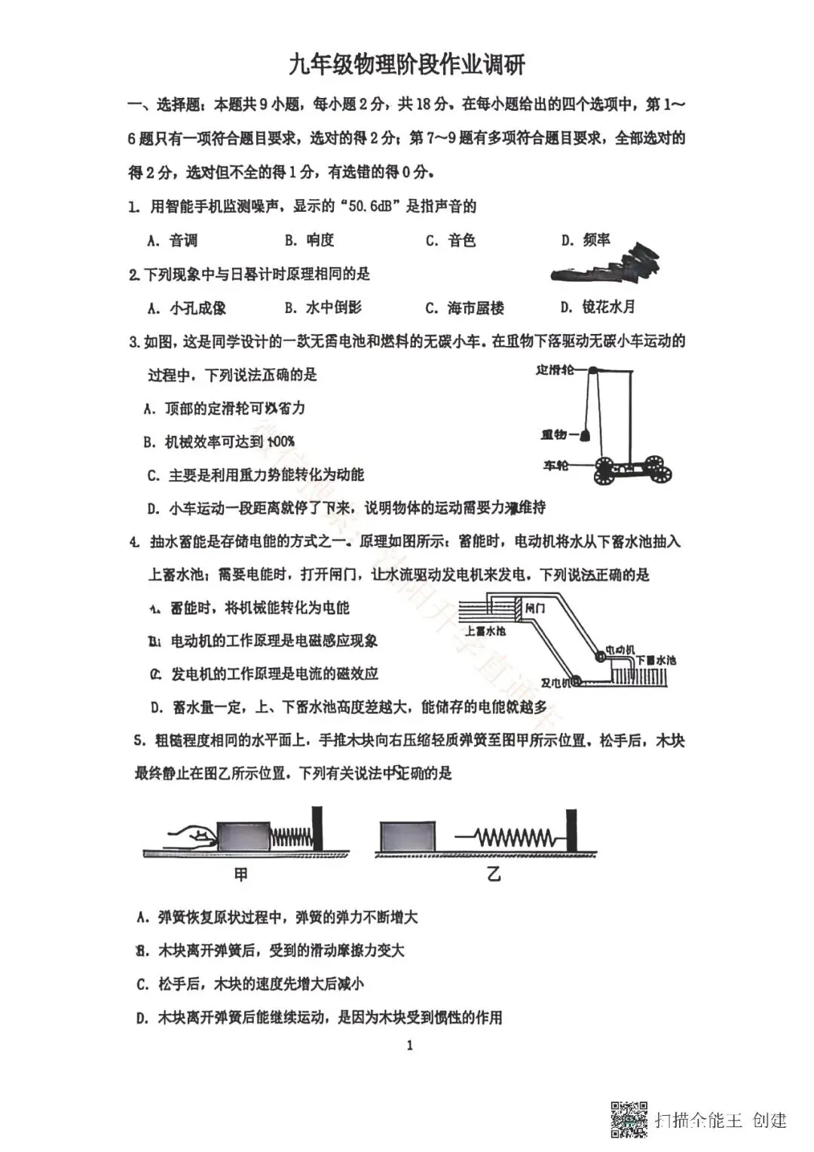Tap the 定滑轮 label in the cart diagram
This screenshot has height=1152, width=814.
(555, 370)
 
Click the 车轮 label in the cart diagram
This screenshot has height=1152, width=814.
(556, 466)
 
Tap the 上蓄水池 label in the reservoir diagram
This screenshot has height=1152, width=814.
(485, 630)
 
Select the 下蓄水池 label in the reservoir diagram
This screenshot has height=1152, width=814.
(655, 660)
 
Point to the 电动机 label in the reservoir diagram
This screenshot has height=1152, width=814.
(620, 649)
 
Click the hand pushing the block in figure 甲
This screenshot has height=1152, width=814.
(192, 835)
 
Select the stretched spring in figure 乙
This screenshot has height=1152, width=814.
(513, 838)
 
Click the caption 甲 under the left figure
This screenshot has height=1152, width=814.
(241, 875)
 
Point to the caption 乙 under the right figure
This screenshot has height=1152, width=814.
(494, 875)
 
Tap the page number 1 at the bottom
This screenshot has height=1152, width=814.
(409, 1045)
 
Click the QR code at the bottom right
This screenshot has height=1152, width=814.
(629, 1119)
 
